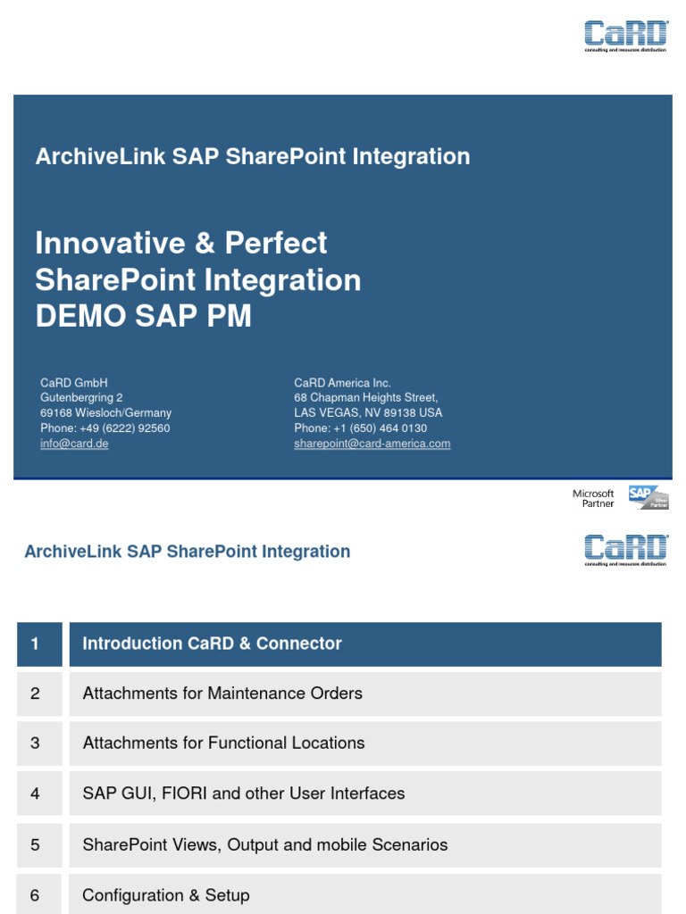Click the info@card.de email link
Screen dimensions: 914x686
coord(74,444)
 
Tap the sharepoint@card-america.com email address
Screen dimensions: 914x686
coord(372,444)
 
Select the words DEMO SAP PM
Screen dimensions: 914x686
coord(143,316)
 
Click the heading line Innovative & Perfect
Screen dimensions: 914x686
coord(181,243)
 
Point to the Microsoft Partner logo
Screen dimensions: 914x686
coord(593,498)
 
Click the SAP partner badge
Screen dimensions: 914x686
coord(648,497)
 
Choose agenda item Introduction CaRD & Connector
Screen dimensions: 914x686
coord(212,644)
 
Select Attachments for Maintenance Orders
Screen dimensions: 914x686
coord(222,694)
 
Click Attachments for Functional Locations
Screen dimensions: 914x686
coord(223,743)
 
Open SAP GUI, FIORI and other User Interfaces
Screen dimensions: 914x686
coord(243,793)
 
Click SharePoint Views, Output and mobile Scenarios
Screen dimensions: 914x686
coord(264,844)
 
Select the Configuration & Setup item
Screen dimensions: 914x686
coord(166,895)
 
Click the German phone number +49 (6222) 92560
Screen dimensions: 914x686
coord(105,428)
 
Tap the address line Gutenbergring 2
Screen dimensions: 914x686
coord(81,398)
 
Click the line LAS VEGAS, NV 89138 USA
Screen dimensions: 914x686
coord(368,413)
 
